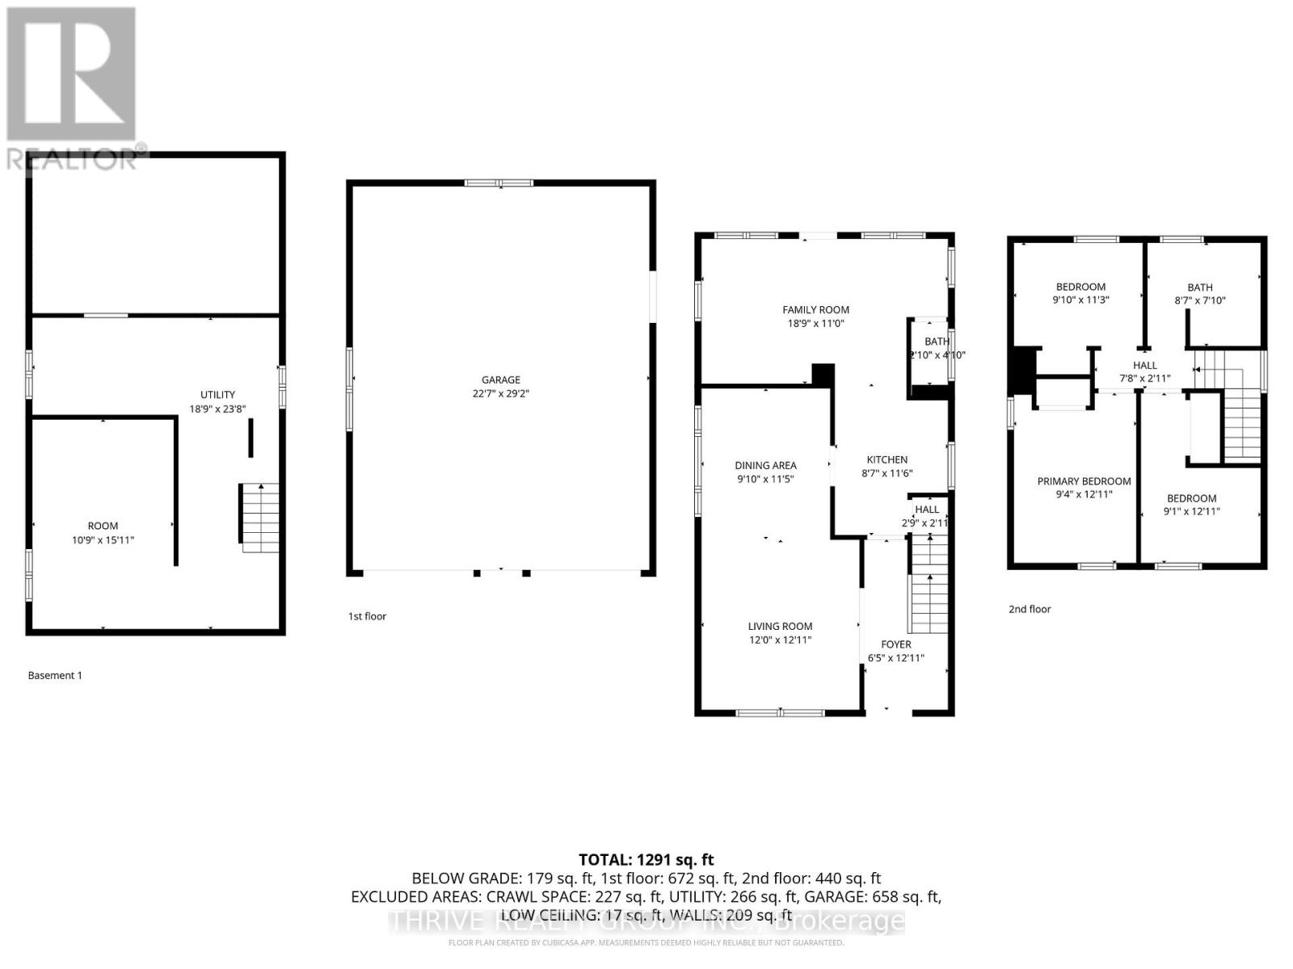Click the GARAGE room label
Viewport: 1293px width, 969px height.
click(500, 380)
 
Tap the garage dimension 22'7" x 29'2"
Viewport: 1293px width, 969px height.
click(500, 394)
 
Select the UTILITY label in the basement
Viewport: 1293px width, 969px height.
click(217, 395)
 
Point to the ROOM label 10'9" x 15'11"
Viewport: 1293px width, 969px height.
click(103, 533)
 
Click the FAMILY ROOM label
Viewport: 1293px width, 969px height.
click(815, 309)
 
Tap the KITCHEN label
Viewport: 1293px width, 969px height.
click(887, 459)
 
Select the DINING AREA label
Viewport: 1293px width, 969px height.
click(765, 465)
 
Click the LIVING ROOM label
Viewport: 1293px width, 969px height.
click(780, 626)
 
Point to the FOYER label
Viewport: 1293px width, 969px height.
click(895, 644)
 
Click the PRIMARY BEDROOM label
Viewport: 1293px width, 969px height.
click(1084, 481)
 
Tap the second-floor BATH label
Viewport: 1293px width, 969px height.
click(1199, 287)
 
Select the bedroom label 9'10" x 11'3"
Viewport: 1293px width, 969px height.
click(1080, 293)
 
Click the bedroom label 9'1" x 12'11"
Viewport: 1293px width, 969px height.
click(1191, 505)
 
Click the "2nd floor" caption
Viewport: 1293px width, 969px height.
click(1030, 610)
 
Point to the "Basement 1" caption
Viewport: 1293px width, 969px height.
click(55, 676)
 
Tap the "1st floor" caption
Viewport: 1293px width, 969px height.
click(367, 616)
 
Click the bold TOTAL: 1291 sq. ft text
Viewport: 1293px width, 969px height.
click(646, 860)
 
